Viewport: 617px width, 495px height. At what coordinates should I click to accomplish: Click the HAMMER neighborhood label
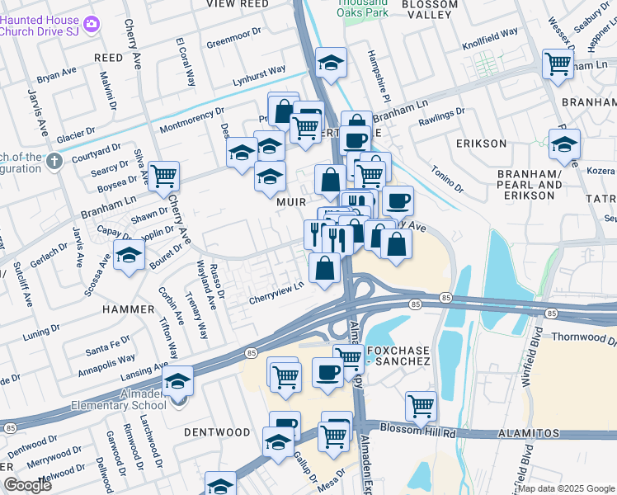[x=128, y=309]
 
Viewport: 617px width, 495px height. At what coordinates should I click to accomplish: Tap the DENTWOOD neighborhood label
[x=216, y=432]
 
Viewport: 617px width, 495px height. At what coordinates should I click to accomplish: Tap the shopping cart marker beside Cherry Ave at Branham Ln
[x=164, y=175]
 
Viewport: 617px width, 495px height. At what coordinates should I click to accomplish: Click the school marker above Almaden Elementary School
[x=177, y=380]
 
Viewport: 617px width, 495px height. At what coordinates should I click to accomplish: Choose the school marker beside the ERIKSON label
[x=564, y=144]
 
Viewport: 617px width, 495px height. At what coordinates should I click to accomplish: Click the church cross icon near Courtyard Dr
[x=54, y=160]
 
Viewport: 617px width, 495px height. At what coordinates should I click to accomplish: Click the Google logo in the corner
[x=27, y=484]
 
